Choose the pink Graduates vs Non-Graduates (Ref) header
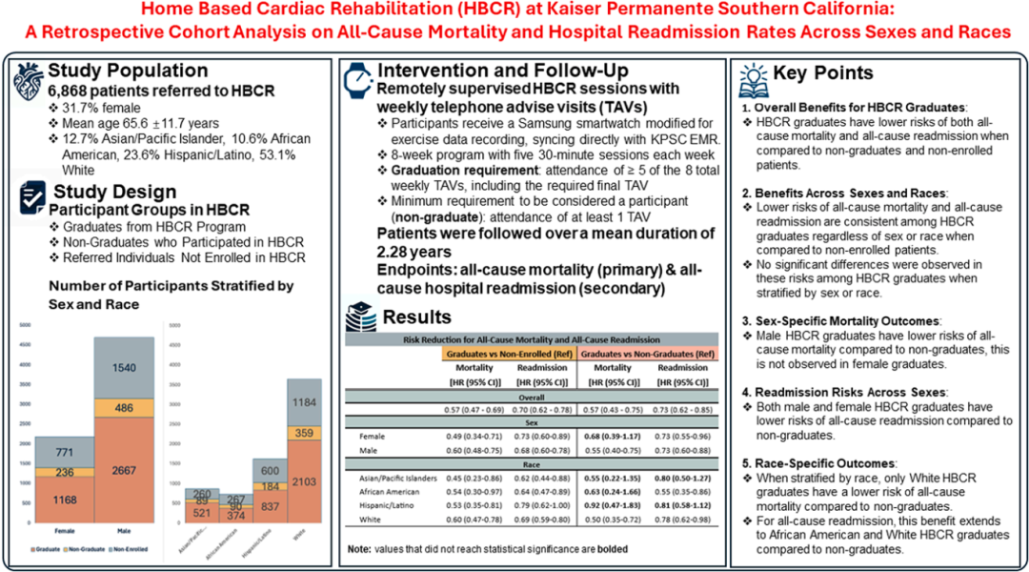[643, 354]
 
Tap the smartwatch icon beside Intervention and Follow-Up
[357, 76]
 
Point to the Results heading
[416, 317]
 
